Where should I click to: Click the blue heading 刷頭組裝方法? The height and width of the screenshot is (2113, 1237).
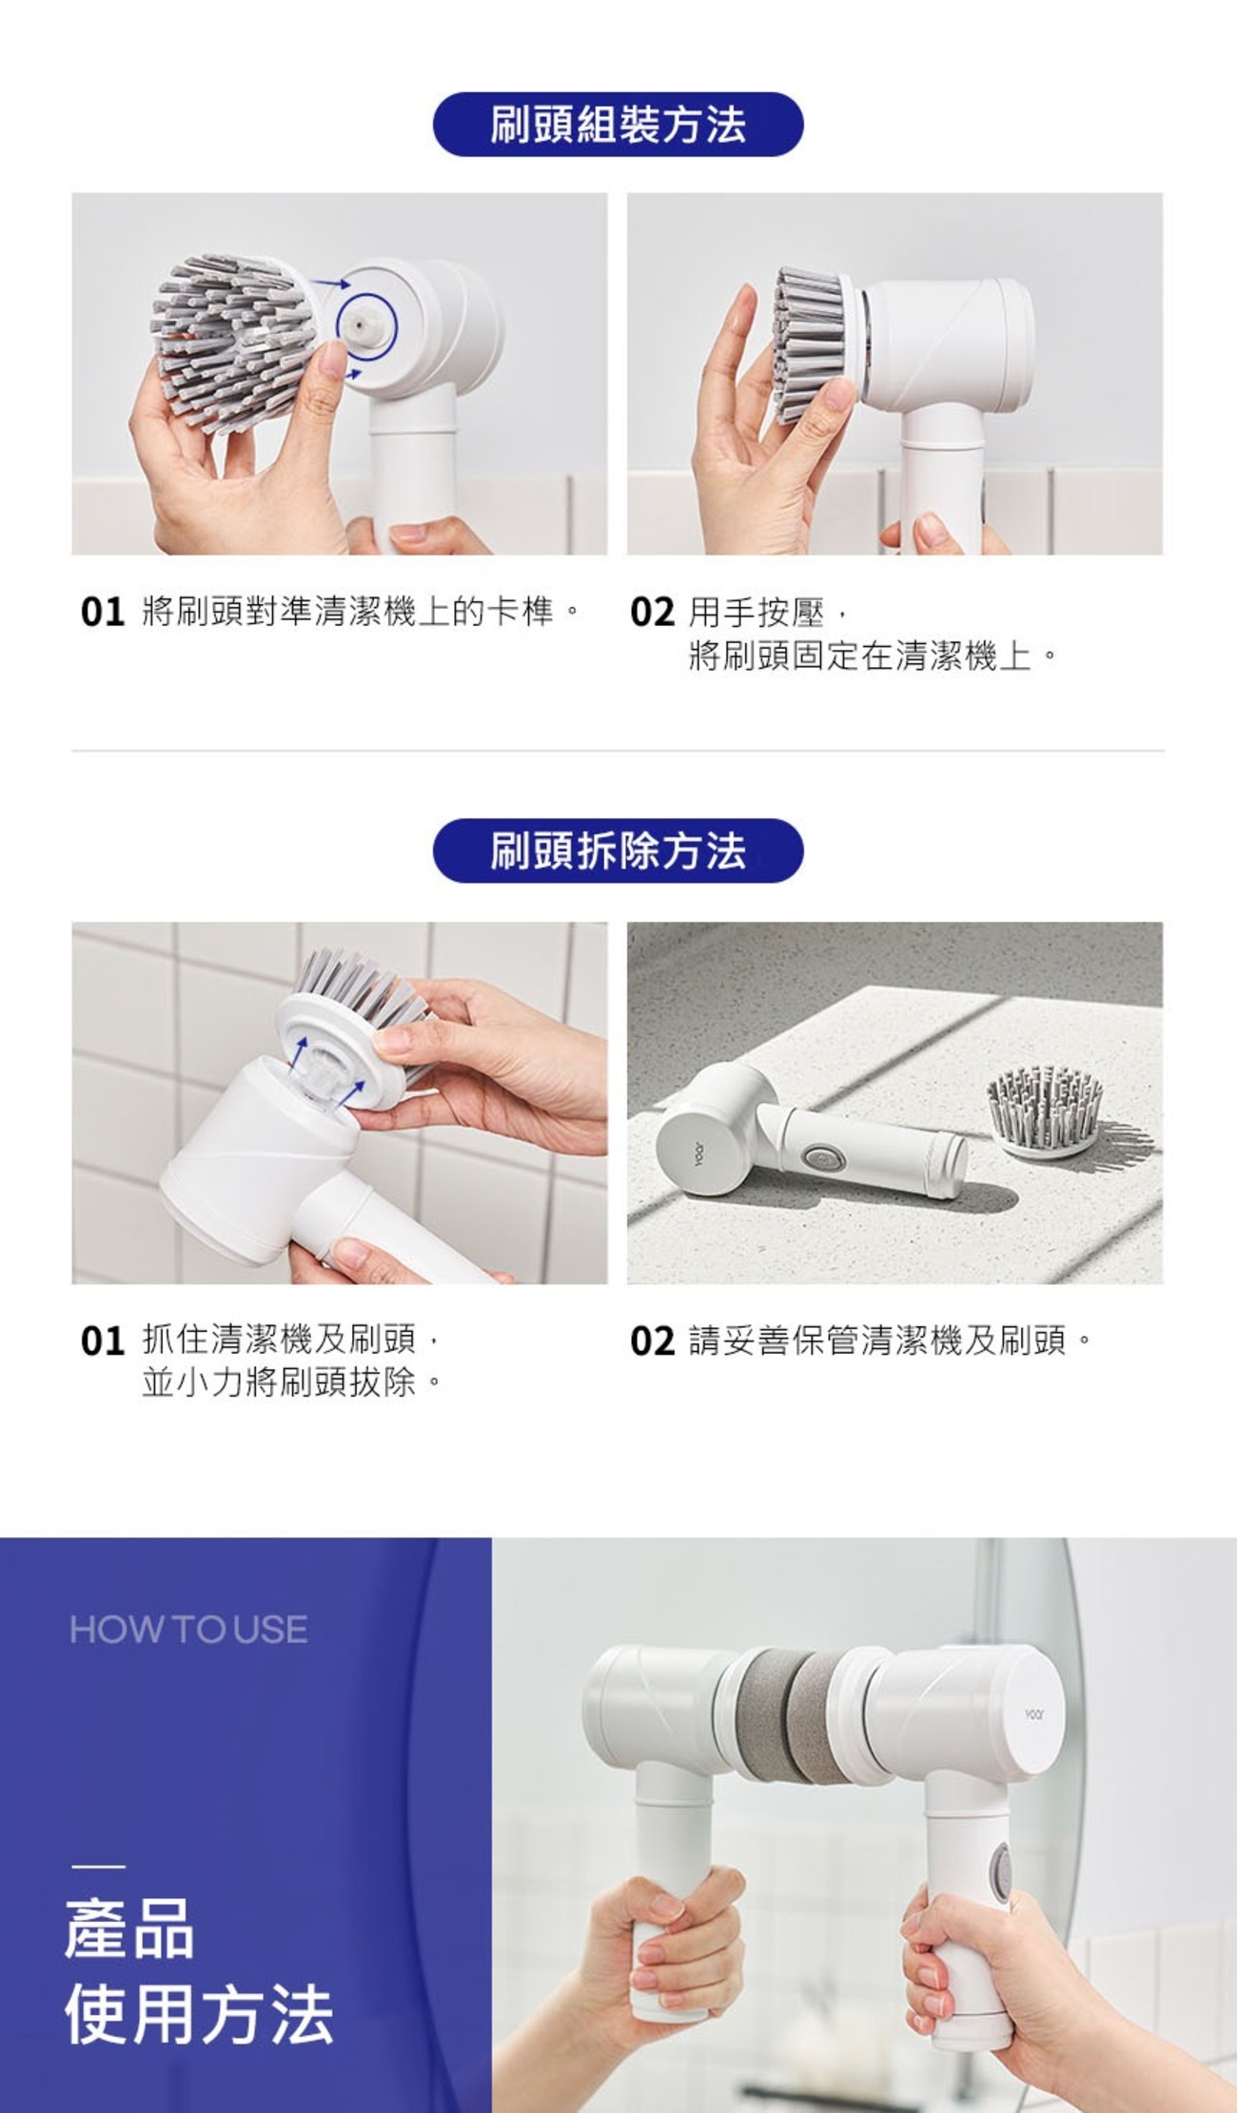[618, 125]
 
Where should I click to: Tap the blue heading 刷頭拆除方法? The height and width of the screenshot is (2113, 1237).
[618, 851]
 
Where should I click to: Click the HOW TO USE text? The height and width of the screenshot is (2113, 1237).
[188, 1630]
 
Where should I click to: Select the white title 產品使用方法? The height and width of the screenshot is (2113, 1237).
[199, 1971]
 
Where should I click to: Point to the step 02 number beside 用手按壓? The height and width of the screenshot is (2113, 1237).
[652, 613]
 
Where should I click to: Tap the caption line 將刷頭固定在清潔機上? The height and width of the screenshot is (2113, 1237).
[873, 656]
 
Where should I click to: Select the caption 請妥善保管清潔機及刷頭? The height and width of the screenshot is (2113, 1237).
[890, 1341]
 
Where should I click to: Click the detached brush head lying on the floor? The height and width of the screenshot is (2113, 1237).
[1045, 1110]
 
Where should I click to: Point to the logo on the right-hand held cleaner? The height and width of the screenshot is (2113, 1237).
[1033, 1713]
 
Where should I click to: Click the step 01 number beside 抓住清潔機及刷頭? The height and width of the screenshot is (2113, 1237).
[103, 1341]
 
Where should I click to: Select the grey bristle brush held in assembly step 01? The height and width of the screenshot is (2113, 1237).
[234, 341]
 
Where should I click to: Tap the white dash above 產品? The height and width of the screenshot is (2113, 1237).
[98, 1868]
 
